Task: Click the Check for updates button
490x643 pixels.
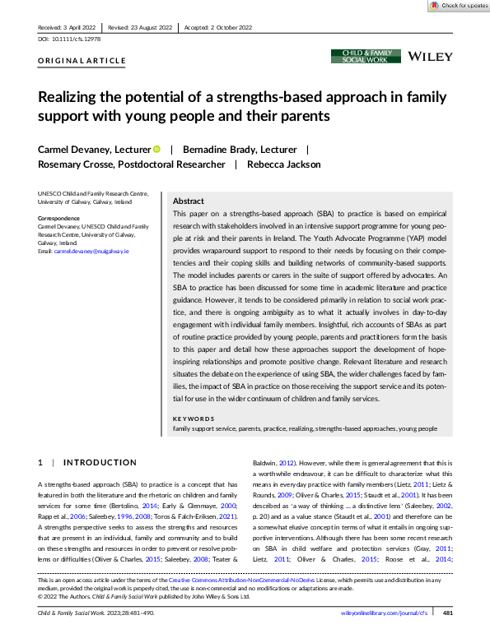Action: click(x=457, y=6)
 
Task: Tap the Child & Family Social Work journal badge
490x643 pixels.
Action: click(x=366, y=56)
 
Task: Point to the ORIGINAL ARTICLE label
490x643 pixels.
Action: click(x=82, y=61)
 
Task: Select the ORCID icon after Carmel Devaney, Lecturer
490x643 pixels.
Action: click(x=156, y=150)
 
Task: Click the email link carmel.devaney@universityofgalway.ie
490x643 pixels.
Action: click(x=91, y=250)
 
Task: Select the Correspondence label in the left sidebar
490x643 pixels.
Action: click(x=60, y=218)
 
